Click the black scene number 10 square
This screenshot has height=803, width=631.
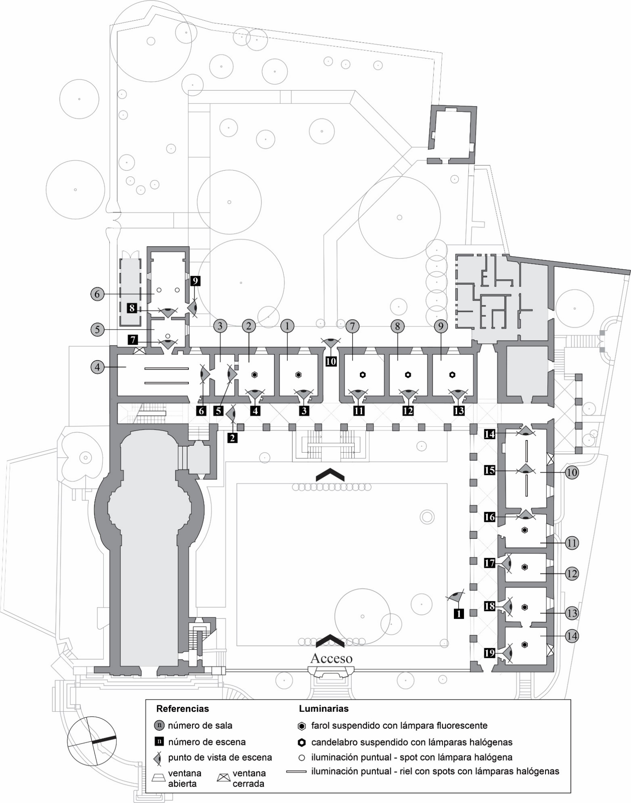tap(331, 361)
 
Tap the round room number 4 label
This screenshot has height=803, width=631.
tap(97, 367)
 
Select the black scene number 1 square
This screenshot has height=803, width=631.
tap(458, 614)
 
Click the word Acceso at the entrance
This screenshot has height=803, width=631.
tap(331, 658)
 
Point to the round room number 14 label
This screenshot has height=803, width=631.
tap(571, 636)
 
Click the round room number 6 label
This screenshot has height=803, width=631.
tap(97, 294)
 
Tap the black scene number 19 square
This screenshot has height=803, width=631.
tap(490, 653)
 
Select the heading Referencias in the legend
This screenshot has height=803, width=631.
tap(182, 709)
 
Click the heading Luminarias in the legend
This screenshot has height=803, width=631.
tap(323, 709)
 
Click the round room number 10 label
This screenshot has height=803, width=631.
tap(571, 472)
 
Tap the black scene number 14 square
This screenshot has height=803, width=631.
tap(490, 434)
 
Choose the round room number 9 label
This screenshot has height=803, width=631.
tap(441, 326)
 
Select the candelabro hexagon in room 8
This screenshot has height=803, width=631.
tap(408, 375)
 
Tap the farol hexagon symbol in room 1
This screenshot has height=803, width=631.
tap(298, 375)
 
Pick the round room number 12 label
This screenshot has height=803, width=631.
tap(571, 574)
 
